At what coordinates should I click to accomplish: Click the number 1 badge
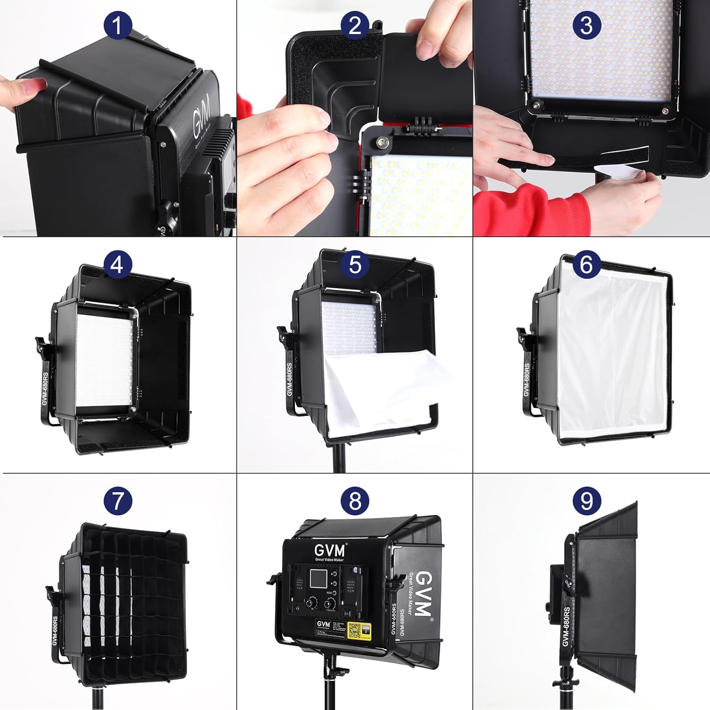point(117,26)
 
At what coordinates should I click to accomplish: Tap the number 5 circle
point(355,264)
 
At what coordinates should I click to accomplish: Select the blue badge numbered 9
point(586,501)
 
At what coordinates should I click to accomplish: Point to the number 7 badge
point(117,501)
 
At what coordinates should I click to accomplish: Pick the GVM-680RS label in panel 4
point(45,388)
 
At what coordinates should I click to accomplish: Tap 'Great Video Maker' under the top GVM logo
point(330,559)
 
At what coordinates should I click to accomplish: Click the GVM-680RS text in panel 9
point(566,626)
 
